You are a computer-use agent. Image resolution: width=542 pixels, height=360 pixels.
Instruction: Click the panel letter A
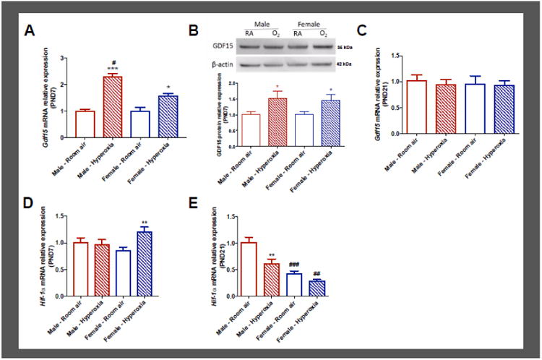[x=30, y=30]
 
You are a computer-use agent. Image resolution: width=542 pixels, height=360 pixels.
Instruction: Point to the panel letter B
[x=193, y=30]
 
